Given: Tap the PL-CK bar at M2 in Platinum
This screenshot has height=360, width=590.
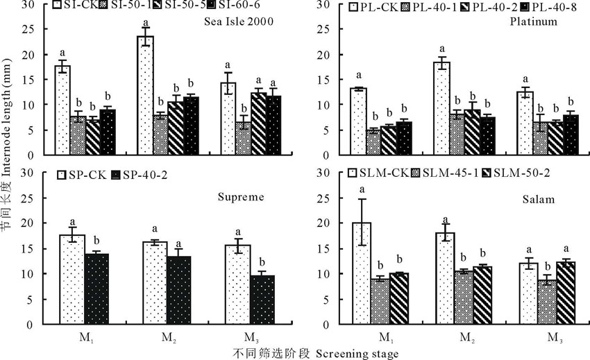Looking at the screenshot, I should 442,108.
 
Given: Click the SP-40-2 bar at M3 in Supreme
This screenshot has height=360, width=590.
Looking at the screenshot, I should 262,300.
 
